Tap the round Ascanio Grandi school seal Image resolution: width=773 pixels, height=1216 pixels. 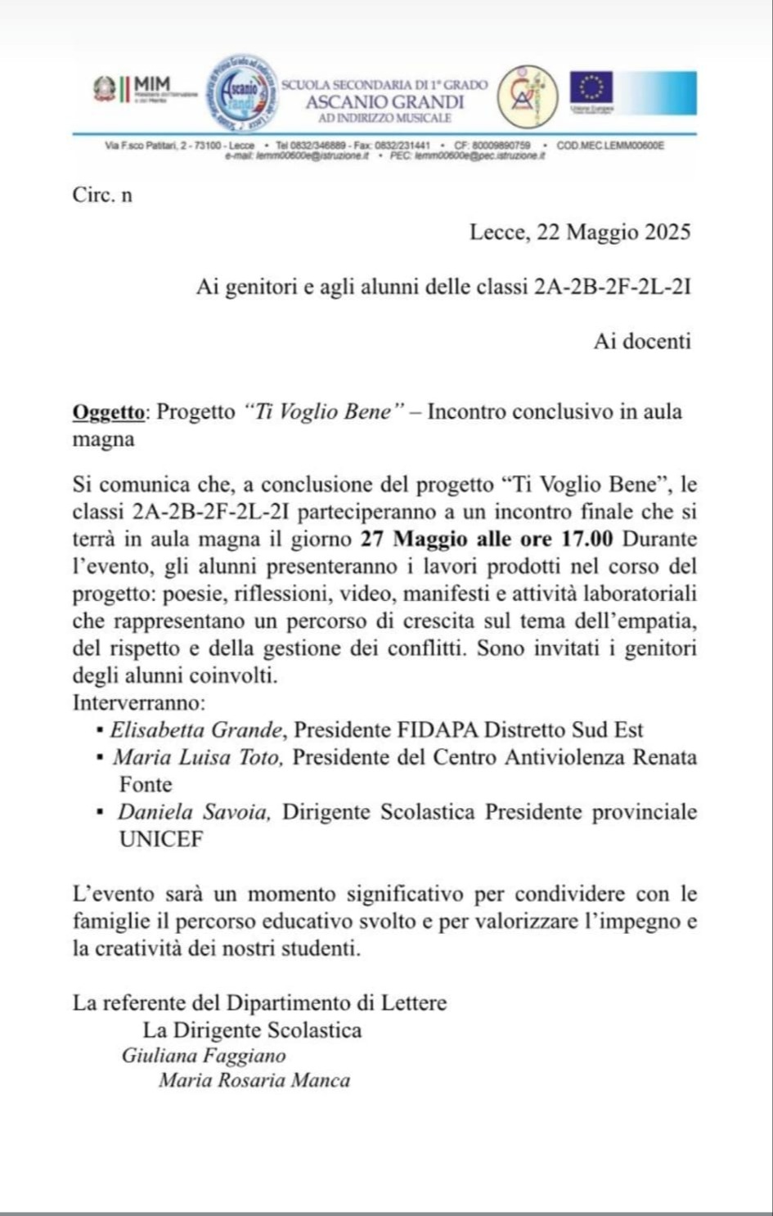pyautogui.click(x=243, y=96)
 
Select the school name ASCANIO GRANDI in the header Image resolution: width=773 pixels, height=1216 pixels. pyautogui.click(x=384, y=102)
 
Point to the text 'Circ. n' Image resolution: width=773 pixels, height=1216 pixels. pyautogui.click(x=102, y=195)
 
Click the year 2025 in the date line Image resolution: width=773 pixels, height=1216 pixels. pyautogui.click(x=667, y=232)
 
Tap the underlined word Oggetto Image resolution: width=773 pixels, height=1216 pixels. pyautogui.click(x=110, y=411)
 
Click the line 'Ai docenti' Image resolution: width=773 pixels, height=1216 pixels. pyautogui.click(x=642, y=341)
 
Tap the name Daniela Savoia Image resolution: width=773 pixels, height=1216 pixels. pyautogui.click(x=195, y=812)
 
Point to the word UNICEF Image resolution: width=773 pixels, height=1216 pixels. pyautogui.click(x=161, y=840)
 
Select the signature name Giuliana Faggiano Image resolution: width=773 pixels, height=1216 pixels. pyautogui.click(x=204, y=1056)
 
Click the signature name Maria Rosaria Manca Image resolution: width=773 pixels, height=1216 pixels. pyautogui.click(x=254, y=1081)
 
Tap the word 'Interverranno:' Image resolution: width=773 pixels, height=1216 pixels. pyautogui.click(x=139, y=702)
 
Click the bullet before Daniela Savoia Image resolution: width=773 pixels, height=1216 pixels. pyautogui.click(x=100, y=812)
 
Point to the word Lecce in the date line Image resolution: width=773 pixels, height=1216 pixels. pyautogui.click(x=497, y=232)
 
